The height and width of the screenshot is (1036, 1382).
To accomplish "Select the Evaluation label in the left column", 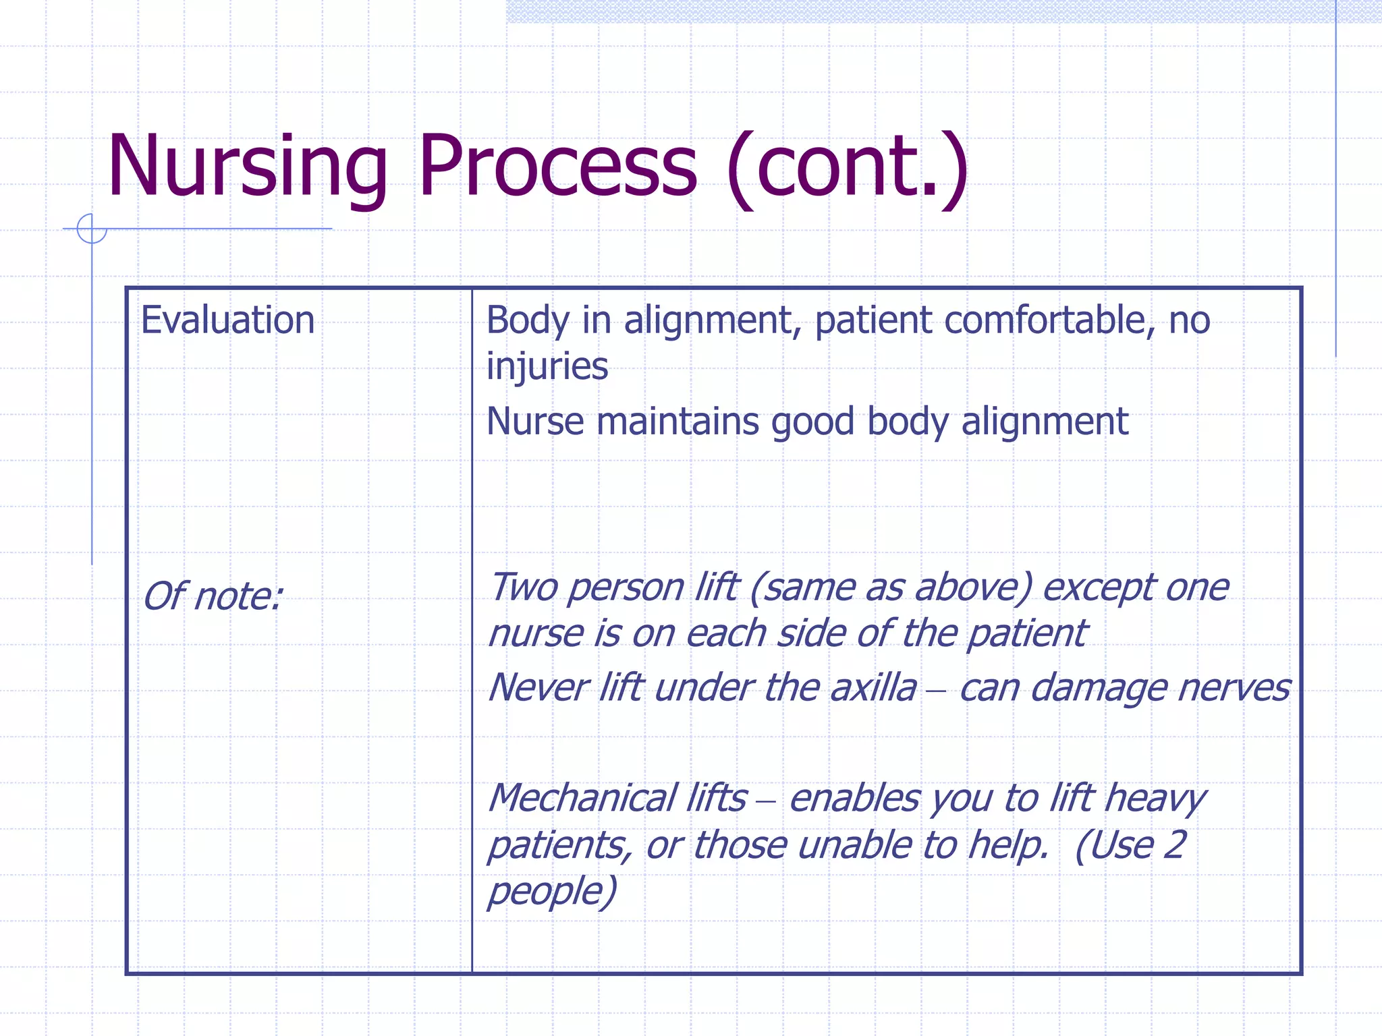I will [227, 320].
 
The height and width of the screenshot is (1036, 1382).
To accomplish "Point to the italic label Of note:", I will [212, 596].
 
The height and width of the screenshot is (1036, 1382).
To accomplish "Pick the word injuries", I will [547, 366].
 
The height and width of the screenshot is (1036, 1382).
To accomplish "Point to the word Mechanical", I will [581, 798].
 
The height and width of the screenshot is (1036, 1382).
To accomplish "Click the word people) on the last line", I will [552, 892].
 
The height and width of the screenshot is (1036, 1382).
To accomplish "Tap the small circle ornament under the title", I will [92, 229].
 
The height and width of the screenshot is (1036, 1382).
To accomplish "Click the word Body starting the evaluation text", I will [527, 320].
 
